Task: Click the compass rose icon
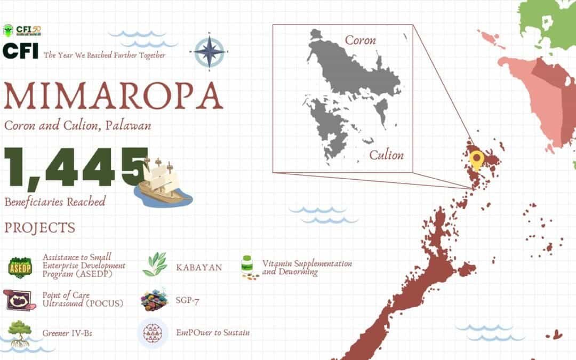(x=210, y=51)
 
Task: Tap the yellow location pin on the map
(x=476, y=159)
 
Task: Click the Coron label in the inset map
(x=360, y=40)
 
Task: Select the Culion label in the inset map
(x=387, y=155)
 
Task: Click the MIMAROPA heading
(x=113, y=97)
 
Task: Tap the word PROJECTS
(x=40, y=228)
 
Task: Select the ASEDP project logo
(x=21, y=267)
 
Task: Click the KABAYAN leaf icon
(x=155, y=265)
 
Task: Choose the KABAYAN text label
(x=199, y=267)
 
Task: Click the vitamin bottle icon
(x=247, y=267)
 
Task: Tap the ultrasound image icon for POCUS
(x=20, y=300)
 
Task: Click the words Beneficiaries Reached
(x=55, y=202)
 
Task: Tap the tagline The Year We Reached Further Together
(x=105, y=55)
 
